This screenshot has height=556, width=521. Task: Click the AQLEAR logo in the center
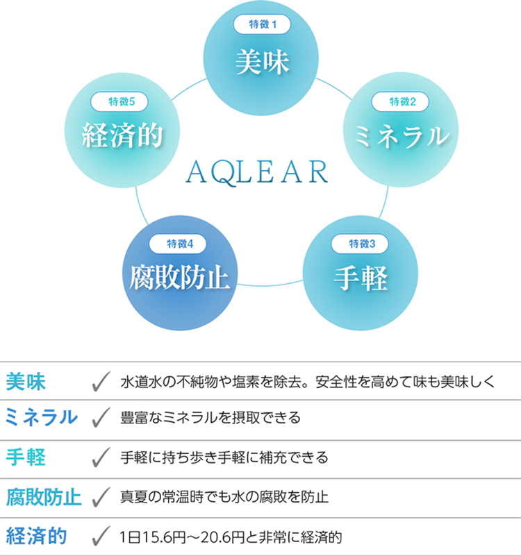tap(257, 173)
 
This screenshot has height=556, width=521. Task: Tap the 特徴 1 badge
tap(262, 24)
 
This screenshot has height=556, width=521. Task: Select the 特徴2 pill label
tap(400, 102)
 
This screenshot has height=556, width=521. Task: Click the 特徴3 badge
tap(360, 244)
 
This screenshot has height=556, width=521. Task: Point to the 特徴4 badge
tap(177, 244)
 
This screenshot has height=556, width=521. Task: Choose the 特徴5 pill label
tap(119, 102)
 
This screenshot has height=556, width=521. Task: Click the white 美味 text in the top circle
tap(263, 62)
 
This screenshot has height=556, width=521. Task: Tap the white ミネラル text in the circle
tap(402, 136)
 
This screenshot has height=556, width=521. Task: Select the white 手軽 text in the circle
tap(361, 278)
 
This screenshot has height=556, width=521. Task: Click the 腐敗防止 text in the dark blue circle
tap(179, 278)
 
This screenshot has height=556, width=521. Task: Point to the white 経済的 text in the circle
tap(122, 135)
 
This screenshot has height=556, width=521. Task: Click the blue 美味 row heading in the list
tap(26, 382)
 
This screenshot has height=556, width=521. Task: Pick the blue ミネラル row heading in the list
tap(42, 417)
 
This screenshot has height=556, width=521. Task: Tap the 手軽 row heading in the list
tap(26, 457)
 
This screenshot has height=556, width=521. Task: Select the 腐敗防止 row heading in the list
tap(44, 497)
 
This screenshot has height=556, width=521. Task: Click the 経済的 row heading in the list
tap(37, 536)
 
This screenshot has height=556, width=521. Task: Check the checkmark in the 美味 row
tap(101, 382)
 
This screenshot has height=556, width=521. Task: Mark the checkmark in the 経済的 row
tap(101, 536)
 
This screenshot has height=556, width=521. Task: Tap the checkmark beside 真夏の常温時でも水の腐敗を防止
tap(101, 497)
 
